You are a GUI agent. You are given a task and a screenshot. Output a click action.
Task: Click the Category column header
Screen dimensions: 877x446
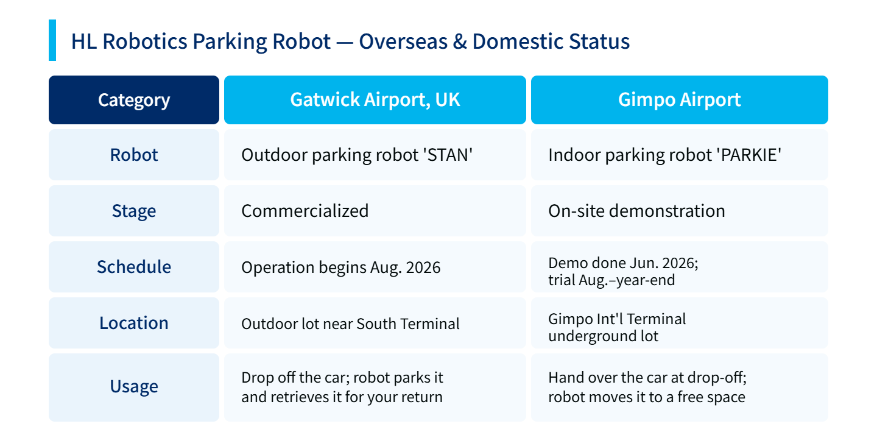(134, 100)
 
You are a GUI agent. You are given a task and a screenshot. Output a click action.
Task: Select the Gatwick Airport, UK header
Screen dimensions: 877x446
(375, 100)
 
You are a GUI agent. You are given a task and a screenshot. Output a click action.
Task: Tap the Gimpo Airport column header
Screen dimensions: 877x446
(679, 100)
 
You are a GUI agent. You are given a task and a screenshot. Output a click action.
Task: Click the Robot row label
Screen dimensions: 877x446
(134, 155)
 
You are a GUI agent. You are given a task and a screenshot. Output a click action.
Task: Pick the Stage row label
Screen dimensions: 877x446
(134, 211)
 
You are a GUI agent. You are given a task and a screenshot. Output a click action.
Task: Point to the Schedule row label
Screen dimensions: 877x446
(134, 267)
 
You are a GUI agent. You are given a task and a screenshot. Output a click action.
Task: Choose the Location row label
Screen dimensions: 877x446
(134, 323)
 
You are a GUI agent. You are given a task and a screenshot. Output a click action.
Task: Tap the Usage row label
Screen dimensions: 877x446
(134, 386)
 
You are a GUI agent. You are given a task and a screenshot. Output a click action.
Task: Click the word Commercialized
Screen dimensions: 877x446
(305, 211)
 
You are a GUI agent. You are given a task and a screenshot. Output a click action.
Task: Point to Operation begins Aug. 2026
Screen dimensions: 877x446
(341, 267)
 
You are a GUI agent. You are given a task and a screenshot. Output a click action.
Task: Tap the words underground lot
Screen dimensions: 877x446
(604, 336)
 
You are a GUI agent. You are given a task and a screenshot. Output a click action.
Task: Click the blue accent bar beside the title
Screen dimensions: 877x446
(52, 40)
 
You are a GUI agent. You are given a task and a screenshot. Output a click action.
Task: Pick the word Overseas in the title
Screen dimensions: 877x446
(403, 41)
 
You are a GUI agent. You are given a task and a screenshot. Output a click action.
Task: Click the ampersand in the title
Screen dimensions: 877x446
(460, 41)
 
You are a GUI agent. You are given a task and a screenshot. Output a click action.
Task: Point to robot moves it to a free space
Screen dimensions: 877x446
(647, 397)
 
